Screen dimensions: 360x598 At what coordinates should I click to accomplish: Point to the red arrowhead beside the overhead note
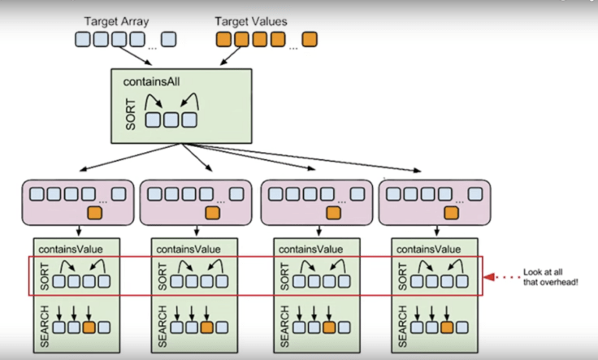pyautogui.click(x=491, y=277)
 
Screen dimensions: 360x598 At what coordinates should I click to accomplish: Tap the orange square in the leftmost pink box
pyautogui.click(x=93, y=215)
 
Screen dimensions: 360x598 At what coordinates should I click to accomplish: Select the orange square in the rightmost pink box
pyautogui.click(x=452, y=215)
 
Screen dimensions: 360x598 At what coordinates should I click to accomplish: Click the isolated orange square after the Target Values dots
pyautogui.click(x=310, y=38)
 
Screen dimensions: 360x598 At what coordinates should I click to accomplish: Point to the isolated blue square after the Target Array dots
pyautogui.click(x=169, y=38)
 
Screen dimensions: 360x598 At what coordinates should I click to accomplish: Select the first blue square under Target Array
pyautogui.click(x=83, y=38)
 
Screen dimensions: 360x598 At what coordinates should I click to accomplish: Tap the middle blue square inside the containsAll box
pyautogui.click(x=171, y=119)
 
